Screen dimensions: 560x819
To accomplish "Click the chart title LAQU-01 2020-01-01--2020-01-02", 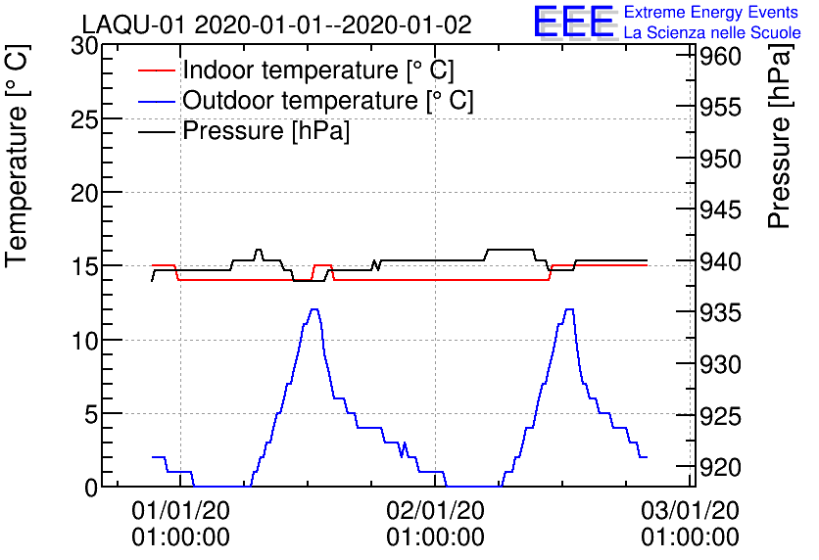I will (x=276, y=24).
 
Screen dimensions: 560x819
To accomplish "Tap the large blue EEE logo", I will (x=574, y=22).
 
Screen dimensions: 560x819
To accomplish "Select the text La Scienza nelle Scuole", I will (x=712, y=33).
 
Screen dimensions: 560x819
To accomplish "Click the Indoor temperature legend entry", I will (x=318, y=70).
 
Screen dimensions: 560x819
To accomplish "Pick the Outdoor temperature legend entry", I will (x=328, y=101).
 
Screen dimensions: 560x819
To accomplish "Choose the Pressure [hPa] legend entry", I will (x=266, y=131).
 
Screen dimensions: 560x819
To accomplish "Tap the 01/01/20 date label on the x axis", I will (x=180, y=510).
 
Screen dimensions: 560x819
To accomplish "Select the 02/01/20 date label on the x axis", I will (x=435, y=510).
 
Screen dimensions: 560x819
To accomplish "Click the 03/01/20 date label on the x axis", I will (x=690, y=510).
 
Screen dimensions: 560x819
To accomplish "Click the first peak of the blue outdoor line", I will (x=314, y=309).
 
